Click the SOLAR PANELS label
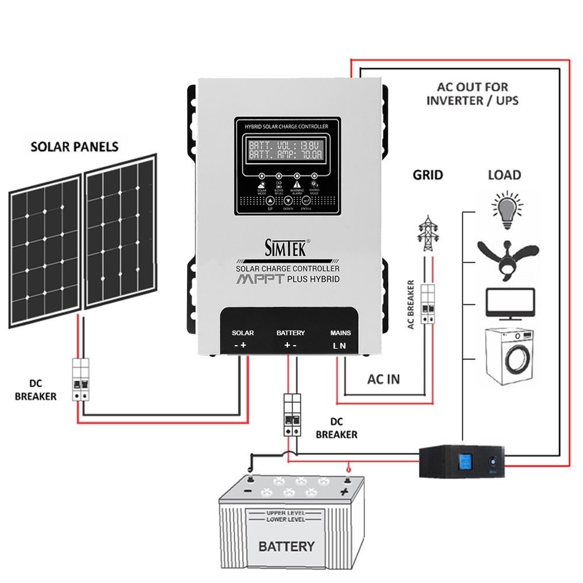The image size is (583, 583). pos(75,146)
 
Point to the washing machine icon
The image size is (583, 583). pos(510,356)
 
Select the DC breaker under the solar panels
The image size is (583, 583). pos(80,380)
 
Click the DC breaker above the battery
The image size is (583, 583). pos(291,415)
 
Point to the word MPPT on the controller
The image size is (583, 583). pos(260,279)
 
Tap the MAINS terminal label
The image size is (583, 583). pos(340,333)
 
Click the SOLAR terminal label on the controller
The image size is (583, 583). pos(243,333)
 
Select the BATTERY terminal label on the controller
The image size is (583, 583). pos(290,333)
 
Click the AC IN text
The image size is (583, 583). pos(384,379)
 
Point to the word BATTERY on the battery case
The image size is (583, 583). pos(286,546)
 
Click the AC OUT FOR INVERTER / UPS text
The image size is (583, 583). pos(472,93)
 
